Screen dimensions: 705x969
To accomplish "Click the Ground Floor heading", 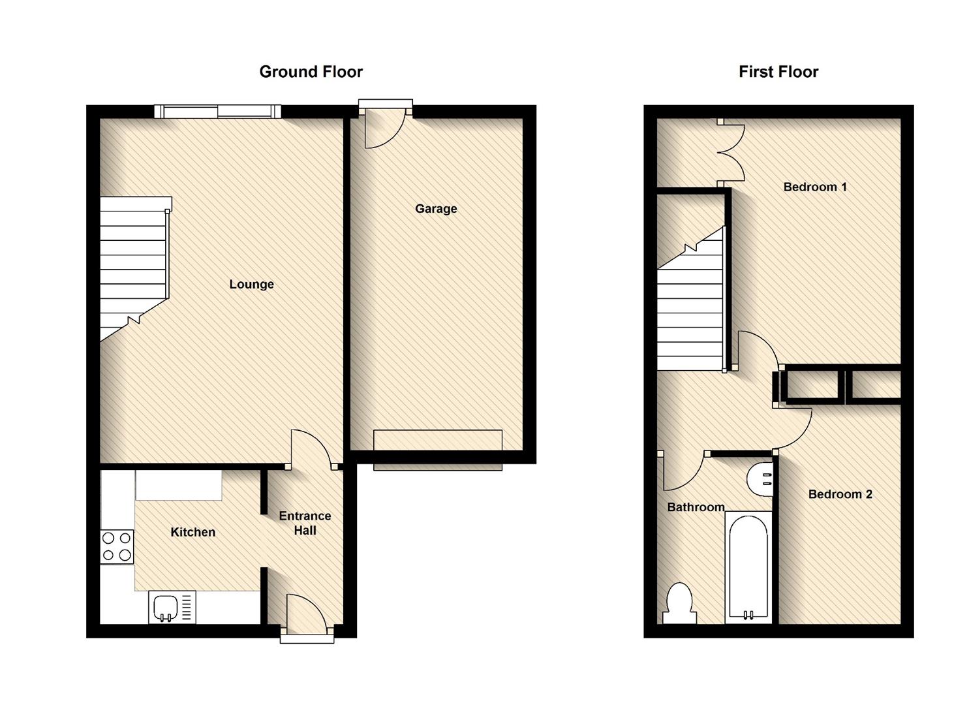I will point(311,72).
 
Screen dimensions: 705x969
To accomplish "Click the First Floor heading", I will point(778,72).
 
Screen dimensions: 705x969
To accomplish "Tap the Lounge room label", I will point(251,284).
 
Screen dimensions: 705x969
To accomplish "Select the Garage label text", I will point(436,209).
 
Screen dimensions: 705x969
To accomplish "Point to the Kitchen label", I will point(192,532).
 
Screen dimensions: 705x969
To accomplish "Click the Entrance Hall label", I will point(305,523).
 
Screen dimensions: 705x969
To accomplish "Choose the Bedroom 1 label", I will point(814,187).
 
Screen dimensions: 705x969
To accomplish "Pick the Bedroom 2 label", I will point(840,494).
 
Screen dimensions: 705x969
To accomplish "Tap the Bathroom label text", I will point(696,507).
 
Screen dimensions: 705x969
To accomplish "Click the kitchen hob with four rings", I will point(117,547).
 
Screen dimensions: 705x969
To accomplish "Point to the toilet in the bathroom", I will point(679,604).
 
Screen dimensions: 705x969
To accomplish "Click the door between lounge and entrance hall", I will point(310,449).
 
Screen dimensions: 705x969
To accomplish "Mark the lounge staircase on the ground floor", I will point(134,268).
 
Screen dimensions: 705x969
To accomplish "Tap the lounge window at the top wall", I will point(218,112).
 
